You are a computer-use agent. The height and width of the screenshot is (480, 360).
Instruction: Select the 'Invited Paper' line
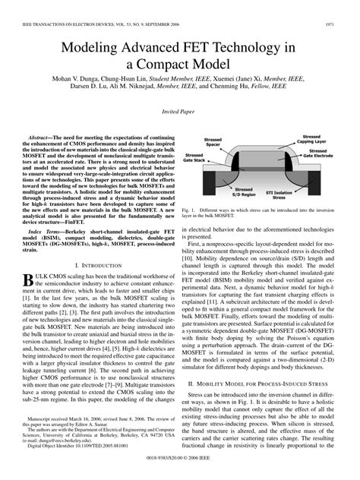click(x=179, y=112)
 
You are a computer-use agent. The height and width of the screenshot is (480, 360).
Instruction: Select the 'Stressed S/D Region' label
click(x=245, y=192)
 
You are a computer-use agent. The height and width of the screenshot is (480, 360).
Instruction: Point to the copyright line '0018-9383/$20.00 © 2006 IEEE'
click(x=180, y=470)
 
